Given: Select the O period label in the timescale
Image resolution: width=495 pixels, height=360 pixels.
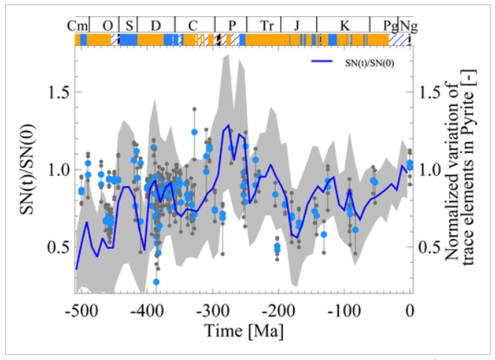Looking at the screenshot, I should (108, 26).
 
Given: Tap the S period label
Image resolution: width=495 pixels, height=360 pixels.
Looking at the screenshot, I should (129, 26).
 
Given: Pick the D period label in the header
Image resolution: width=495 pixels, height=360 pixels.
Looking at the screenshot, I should (156, 26).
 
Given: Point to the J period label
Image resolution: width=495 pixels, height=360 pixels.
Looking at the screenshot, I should (296, 26).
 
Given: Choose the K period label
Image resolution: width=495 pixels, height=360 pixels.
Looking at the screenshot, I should (344, 26).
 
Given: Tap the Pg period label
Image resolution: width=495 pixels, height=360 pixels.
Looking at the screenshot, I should (389, 26).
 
